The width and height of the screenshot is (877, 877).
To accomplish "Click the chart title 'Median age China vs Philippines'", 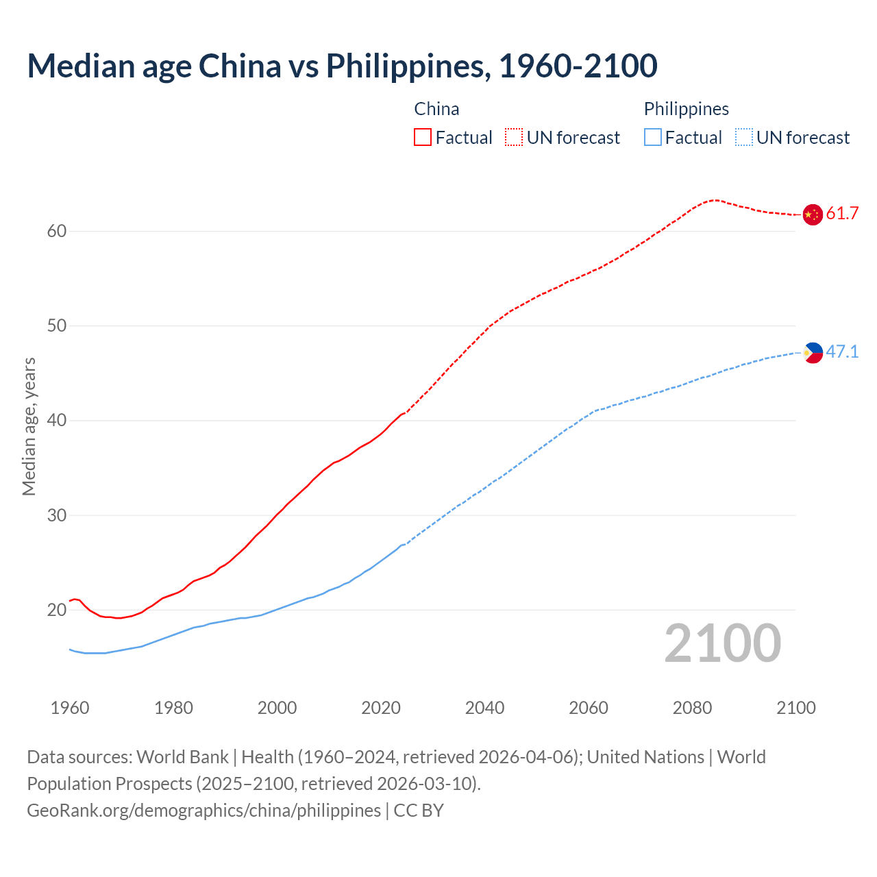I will point(342,66).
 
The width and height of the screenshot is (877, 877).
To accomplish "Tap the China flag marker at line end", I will point(812,214).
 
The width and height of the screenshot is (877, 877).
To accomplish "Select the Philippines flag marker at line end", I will point(813,353).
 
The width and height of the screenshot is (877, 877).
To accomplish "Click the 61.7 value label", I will point(842,214).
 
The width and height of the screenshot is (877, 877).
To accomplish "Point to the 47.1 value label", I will point(842,352).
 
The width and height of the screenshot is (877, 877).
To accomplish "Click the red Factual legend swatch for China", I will point(423,138).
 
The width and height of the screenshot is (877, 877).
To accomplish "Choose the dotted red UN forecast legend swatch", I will point(514,138).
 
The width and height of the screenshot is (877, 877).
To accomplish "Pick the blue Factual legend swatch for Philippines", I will point(653,138).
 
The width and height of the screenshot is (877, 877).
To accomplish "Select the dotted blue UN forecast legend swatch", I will point(744,138).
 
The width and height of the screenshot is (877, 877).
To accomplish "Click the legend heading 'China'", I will point(436,109).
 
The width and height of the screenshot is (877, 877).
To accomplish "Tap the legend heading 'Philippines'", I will point(686,109).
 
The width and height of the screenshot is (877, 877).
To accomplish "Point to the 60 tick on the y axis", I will point(57,232).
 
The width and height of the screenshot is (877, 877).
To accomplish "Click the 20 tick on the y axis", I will point(57,610).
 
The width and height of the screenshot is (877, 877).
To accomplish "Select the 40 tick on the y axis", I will point(57,421).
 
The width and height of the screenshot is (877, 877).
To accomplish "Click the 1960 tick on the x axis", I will point(70,708).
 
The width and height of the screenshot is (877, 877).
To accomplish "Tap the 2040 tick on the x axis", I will point(484,708).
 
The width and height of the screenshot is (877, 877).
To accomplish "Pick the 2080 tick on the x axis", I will point(692,708).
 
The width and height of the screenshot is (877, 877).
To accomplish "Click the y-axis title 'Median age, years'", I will point(29,426).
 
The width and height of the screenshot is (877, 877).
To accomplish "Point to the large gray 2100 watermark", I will point(722,643).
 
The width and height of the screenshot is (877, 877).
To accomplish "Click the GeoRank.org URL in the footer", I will point(203,811).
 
